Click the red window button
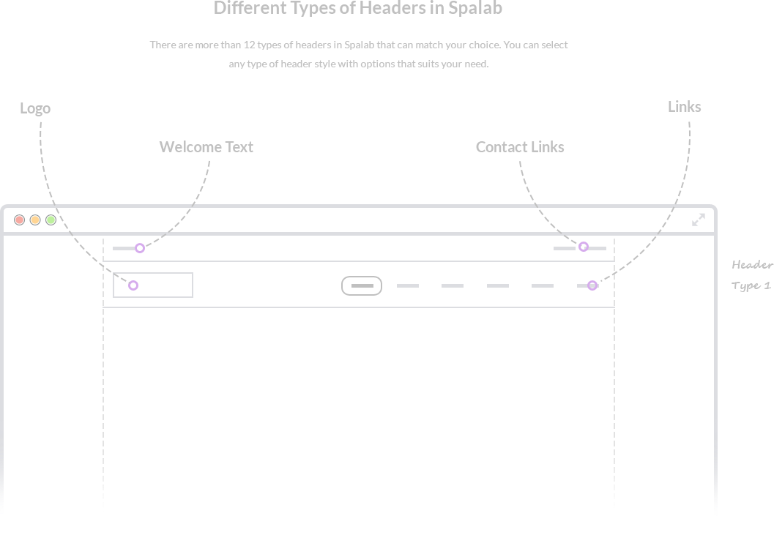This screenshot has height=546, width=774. [19, 220]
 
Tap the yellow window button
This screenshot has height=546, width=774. [35, 220]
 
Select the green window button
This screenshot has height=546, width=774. [51, 220]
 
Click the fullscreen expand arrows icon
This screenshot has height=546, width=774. [699, 220]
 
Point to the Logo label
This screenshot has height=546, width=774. [35, 108]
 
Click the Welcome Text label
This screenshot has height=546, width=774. [206, 147]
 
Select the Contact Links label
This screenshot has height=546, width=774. [520, 147]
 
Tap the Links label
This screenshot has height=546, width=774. [684, 107]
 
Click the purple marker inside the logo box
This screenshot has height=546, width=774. [133, 285]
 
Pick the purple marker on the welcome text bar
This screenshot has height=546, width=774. [140, 248]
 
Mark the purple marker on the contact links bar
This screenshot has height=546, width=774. [584, 247]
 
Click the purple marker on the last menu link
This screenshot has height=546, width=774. [592, 285]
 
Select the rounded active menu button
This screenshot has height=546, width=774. [362, 285]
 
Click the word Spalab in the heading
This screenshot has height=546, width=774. [475, 8]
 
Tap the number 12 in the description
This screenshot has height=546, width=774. [249, 45]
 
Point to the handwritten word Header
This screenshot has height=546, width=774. [752, 265]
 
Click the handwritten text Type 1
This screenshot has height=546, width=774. [751, 286]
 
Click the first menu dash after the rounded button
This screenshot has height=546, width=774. [408, 285]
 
